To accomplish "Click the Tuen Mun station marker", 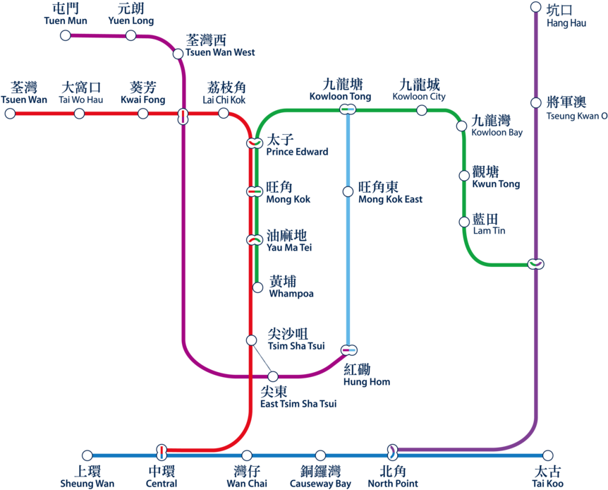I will click(66, 35).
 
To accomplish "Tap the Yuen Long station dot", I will click(130, 35).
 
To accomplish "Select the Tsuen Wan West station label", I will click(219, 47).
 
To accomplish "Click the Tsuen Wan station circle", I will click(10, 113).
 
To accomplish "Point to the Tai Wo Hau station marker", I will click(79, 113).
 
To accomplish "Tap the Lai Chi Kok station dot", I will click(224, 113).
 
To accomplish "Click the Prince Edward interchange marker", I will click(254, 143).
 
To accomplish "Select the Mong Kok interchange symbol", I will click(254, 191).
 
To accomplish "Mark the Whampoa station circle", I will click(258, 287).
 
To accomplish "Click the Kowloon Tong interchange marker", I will click(347, 109).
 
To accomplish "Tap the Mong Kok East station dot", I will click(348, 191).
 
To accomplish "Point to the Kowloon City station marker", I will click(421, 110).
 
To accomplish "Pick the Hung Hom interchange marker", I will click(348, 350).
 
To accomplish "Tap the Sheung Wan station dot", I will click(87, 455).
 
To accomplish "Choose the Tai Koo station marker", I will click(547, 455).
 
